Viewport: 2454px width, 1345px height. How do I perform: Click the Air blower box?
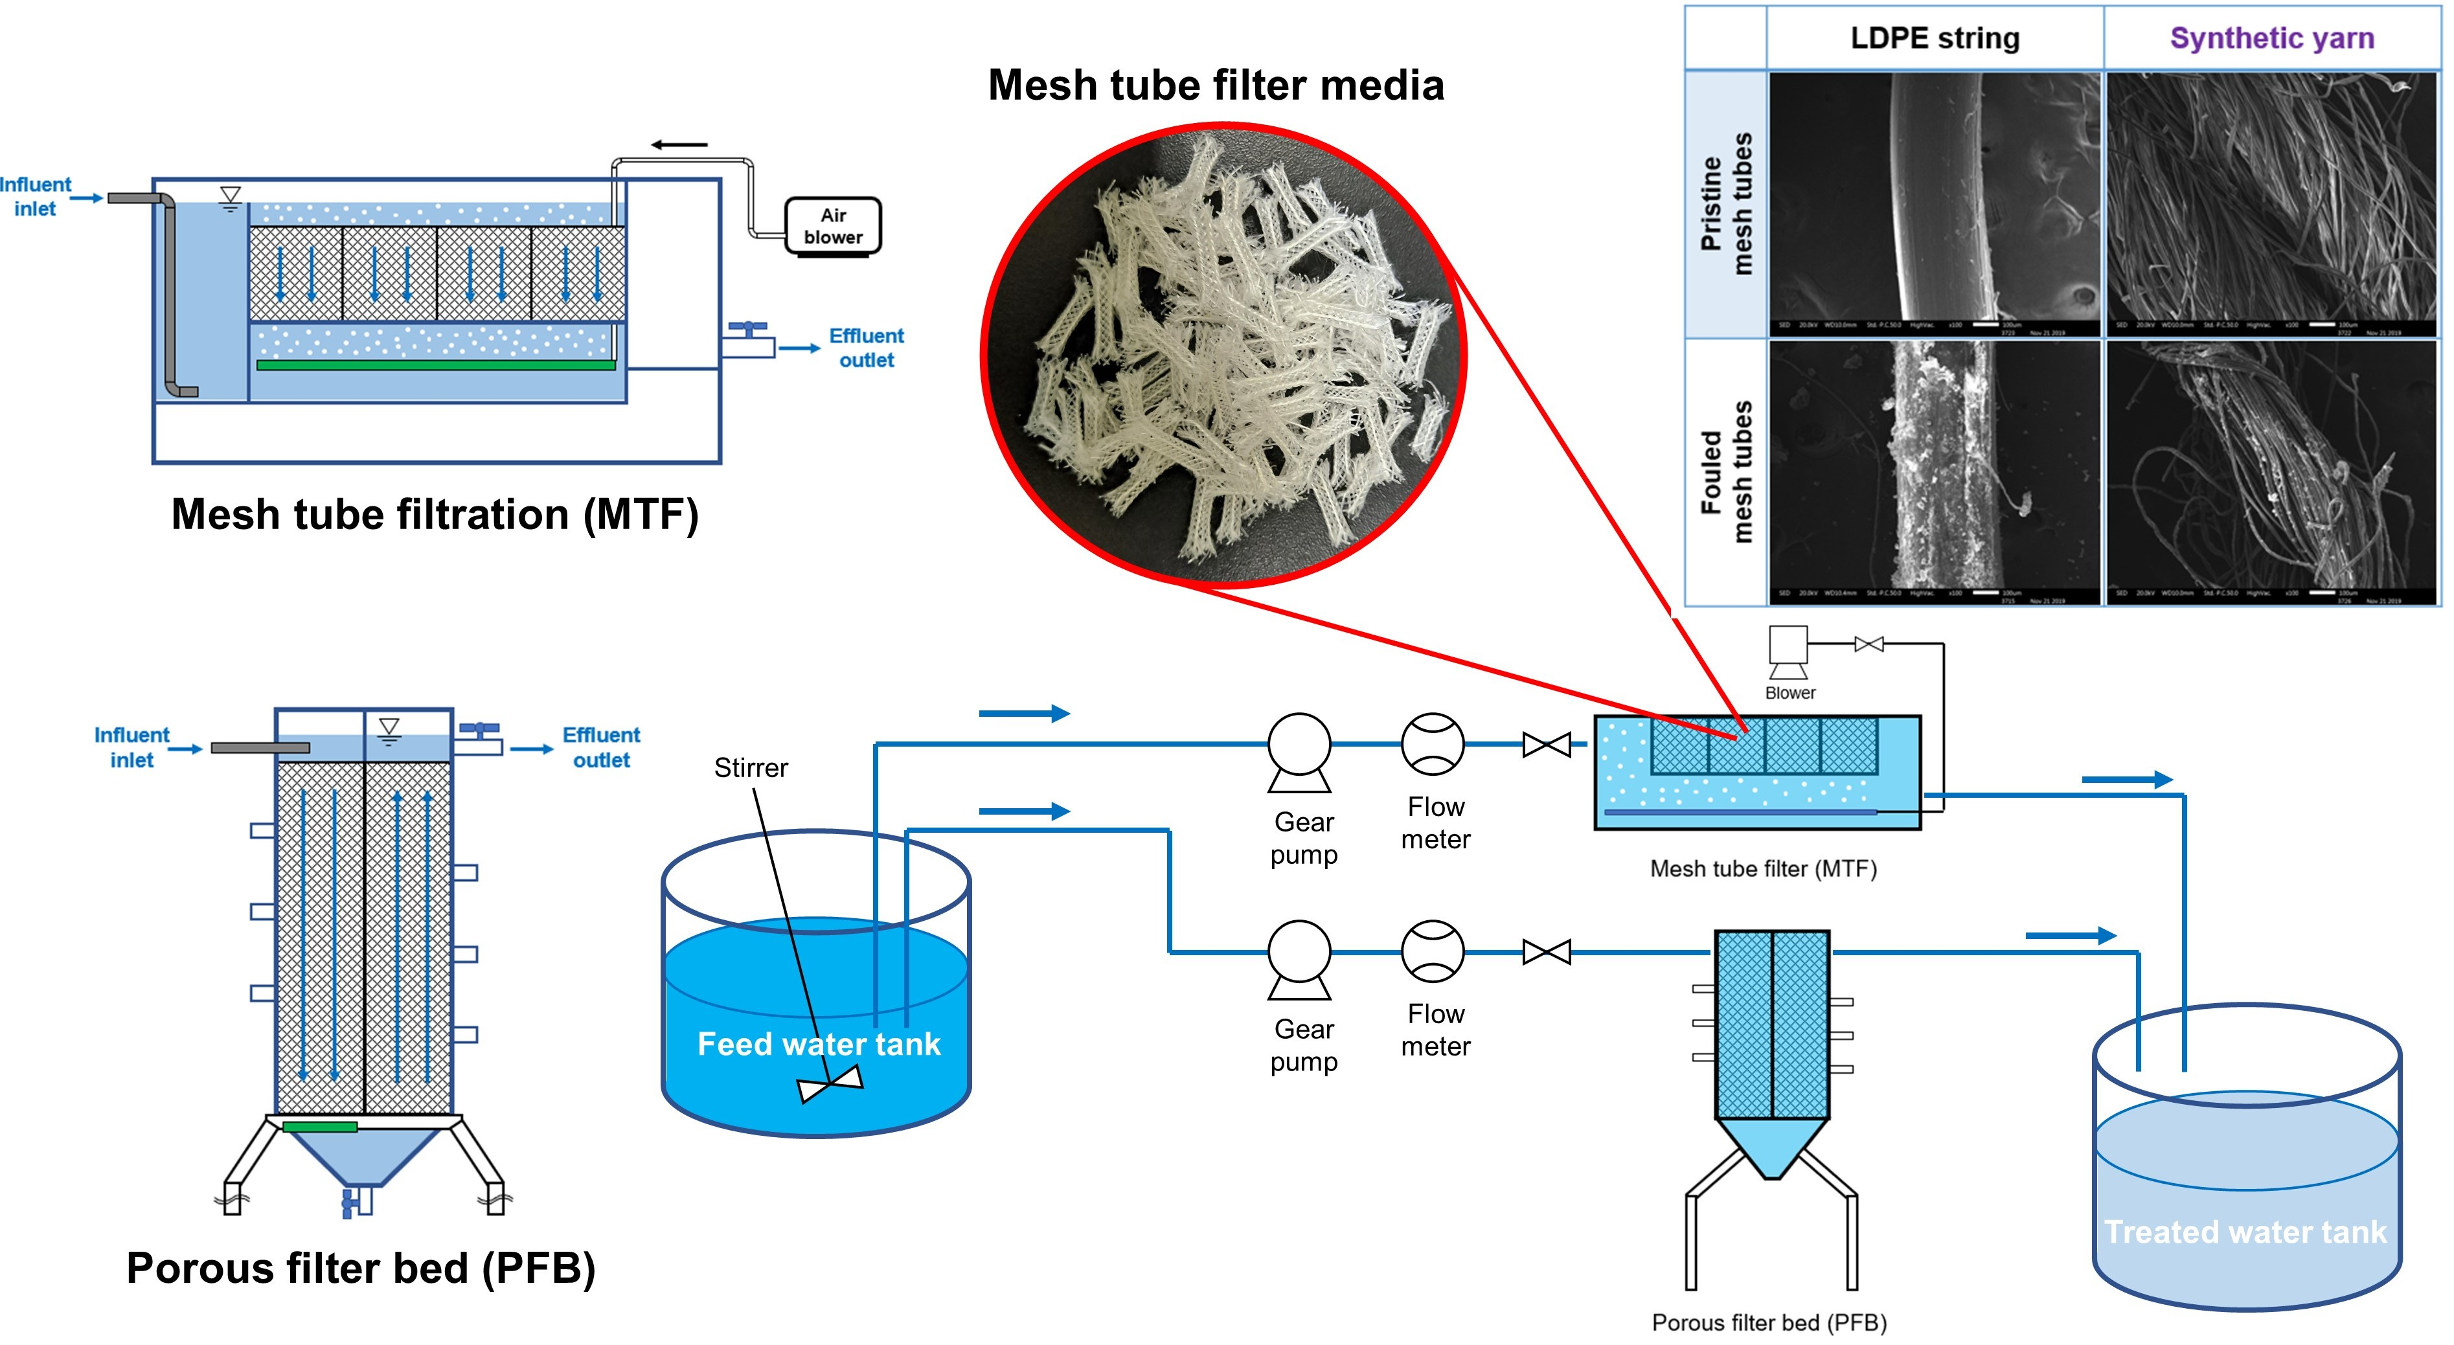(833, 226)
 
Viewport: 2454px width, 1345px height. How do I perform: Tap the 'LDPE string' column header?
(1934, 38)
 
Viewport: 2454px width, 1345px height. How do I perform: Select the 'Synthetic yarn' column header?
(2271, 38)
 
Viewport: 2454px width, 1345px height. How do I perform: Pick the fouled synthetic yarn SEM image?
(2271, 471)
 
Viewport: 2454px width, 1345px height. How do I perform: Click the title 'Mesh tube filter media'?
(1216, 85)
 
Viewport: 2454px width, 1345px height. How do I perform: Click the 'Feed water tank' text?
(818, 1044)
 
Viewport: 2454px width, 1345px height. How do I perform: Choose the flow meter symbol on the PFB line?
(1432, 951)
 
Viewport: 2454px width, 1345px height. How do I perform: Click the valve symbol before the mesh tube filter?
(1546, 744)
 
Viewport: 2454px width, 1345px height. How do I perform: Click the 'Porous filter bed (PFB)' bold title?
(361, 1268)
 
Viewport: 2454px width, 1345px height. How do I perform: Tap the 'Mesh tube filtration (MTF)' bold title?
(435, 514)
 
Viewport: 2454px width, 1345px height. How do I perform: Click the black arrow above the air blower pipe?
(679, 145)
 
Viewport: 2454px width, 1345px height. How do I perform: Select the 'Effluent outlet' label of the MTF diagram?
(865, 348)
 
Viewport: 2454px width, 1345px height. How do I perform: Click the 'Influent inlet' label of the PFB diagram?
(131, 748)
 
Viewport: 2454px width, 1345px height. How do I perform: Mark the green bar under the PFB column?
(320, 1127)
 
